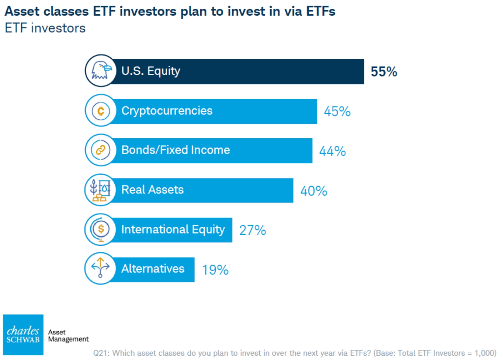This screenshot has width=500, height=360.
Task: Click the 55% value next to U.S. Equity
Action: tap(384, 72)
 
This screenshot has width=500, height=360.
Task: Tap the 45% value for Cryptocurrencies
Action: tap(337, 111)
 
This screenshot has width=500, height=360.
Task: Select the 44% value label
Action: tap(332, 151)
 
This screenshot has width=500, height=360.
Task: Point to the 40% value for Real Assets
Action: tap(314, 191)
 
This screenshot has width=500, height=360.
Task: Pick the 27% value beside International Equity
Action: tap(253, 230)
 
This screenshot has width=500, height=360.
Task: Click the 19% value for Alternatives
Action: tap(215, 270)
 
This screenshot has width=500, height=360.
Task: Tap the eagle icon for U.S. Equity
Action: tap(101, 71)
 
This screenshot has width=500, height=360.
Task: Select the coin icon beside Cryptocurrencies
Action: tap(101, 111)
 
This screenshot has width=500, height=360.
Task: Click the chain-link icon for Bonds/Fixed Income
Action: tap(101, 150)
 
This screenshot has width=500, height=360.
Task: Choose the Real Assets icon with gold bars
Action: tap(101, 190)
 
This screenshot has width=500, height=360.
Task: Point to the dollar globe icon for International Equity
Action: tap(101, 229)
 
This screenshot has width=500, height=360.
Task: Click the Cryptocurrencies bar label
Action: tap(167, 111)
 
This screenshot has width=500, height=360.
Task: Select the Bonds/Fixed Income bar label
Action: tap(176, 150)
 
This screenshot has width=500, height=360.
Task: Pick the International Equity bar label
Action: tap(173, 230)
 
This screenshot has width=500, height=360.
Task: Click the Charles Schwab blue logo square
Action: tap(23, 335)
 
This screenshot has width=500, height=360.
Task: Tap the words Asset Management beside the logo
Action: tap(68, 335)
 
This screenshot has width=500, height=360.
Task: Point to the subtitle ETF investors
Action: tap(45, 28)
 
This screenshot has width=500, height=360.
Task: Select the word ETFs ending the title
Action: tap(321, 11)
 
